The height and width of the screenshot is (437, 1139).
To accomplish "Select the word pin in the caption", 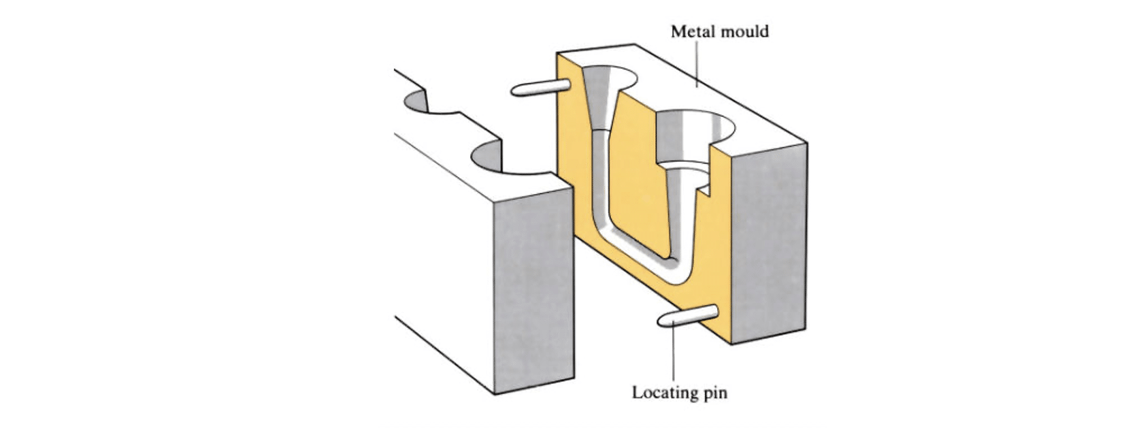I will pyautogui.click(x=714, y=393).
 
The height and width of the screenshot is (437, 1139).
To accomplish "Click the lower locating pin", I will pyautogui.click(x=688, y=316).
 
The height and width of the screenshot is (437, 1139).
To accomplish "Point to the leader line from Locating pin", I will pyautogui.click(x=674, y=354).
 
